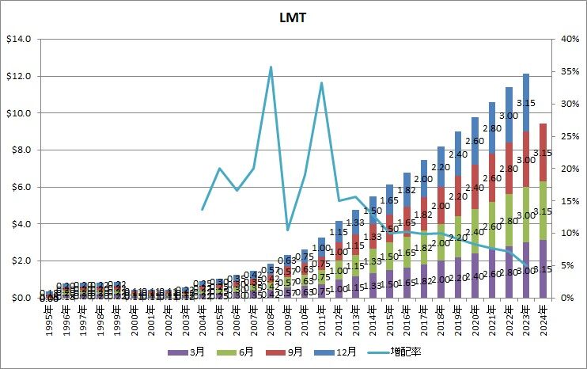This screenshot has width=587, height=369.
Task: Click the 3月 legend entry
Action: pos(186,350)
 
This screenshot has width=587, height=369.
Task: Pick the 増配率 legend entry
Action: pos(411,350)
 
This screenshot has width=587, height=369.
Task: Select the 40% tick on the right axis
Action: pos(567,39)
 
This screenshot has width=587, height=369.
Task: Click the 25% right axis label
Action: pos(567,136)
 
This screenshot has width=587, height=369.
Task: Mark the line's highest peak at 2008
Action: pos(271,67)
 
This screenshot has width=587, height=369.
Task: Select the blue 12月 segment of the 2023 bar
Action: pos(525,102)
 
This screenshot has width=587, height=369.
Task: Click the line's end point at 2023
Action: pos(525,264)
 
